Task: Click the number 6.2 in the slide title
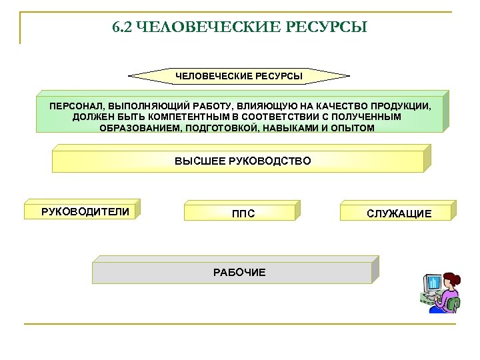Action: pos(122,28)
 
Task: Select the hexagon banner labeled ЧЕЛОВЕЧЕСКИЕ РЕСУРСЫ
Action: pos(239,76)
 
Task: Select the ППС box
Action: pos(241,213)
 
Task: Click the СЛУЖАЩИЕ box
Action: pos(398,213)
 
